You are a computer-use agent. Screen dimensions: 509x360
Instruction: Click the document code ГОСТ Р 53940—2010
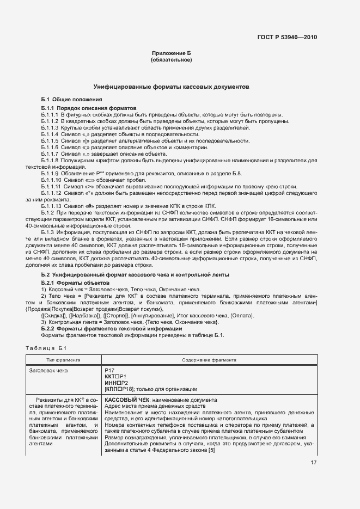coord(288,38)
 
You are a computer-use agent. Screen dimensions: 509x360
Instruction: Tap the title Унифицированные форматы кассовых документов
coord(171,87)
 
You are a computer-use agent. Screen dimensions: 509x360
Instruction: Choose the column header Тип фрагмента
coord(64,360)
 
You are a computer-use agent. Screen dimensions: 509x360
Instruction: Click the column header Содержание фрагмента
coord(209,360)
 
